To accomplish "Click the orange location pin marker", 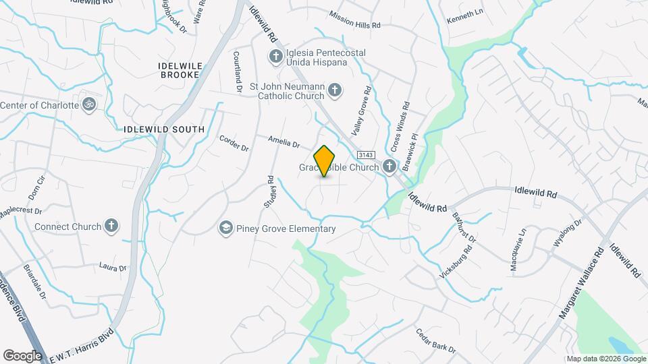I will (x=325, y=160).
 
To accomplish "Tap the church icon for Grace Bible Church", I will (x=389, y=166).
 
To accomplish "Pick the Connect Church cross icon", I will (x=112, y=226).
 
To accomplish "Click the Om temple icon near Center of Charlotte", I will (x=87, y=105).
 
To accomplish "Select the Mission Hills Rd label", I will (x=355, y=20).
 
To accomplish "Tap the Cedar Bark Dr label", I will (x=437, y=341).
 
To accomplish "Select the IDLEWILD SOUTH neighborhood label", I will (x=165, y=129).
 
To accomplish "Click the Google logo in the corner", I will (x=22, y=355).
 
